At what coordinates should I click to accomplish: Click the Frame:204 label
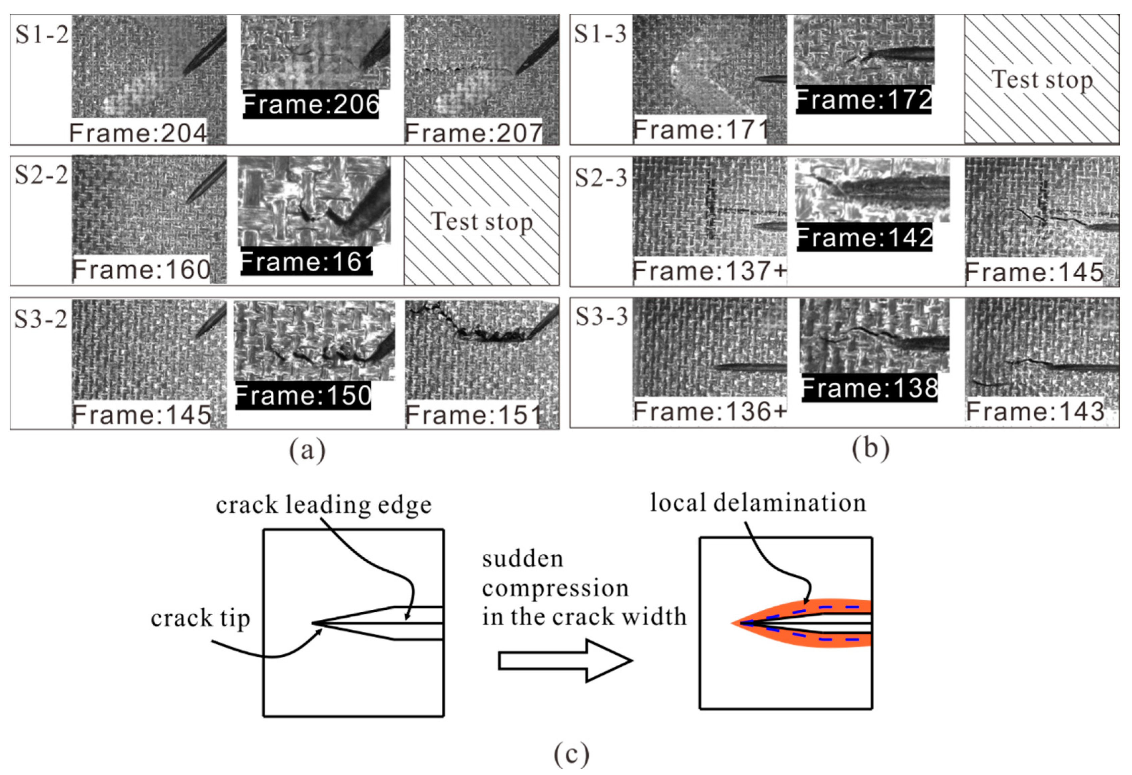coord(138,132)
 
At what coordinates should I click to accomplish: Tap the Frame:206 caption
coord(311,104)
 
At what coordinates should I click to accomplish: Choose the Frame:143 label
coord(1035,411)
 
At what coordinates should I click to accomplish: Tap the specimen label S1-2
coord(42,34)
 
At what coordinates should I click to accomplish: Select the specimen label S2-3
coord(601,178)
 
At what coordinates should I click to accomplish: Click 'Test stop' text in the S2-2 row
coord(481,222)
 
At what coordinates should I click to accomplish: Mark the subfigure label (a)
coord(307,450)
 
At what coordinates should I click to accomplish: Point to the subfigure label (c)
coord(571,755)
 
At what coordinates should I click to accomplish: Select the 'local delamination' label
coord(758,503)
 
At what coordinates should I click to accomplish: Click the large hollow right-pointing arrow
coord(565,661)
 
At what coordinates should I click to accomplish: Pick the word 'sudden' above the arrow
coord(522,559)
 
